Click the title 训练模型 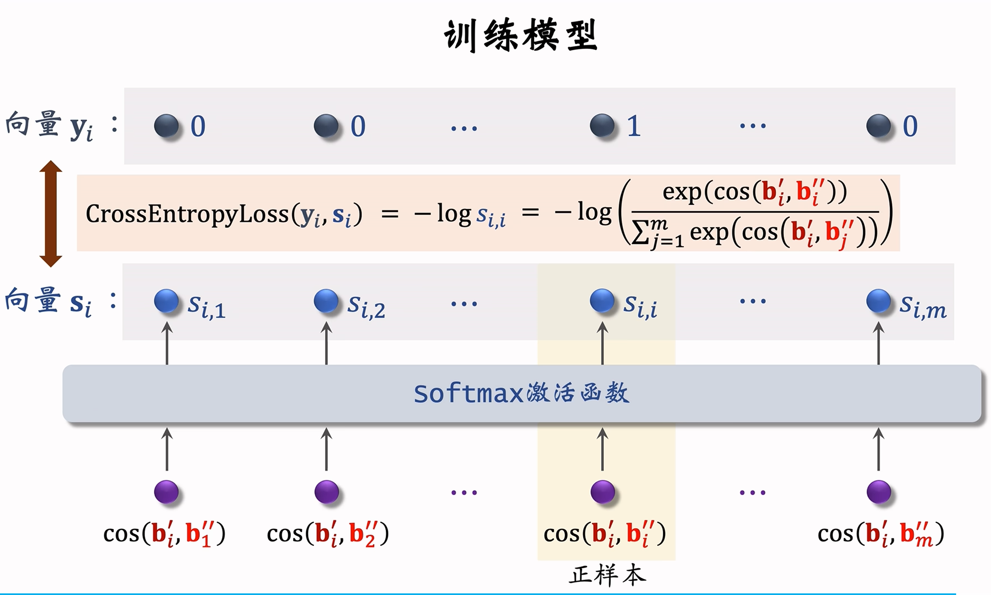521,36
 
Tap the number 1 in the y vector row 634,126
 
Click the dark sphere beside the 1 602,125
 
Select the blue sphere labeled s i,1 166,301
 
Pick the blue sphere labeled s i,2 326,301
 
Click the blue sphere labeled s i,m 878,301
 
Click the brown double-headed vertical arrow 51,213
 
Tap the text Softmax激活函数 521,393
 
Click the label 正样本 607,576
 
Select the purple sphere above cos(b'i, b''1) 166,492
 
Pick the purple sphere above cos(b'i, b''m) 879,492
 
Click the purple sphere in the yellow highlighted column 602,492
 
